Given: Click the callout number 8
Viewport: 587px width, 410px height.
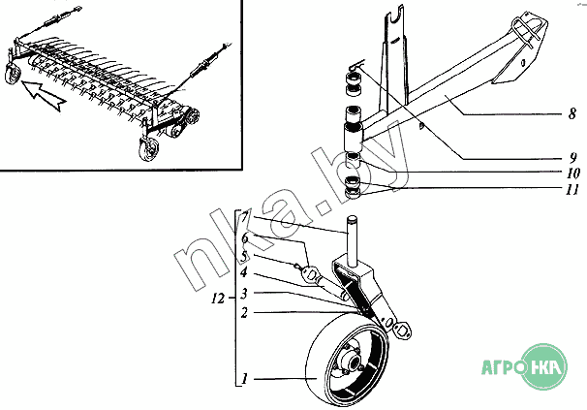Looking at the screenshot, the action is tap(572, 114).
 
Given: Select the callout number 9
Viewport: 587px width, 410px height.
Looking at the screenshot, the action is tap(572, 158).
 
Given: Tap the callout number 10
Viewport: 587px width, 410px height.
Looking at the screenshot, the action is tap(573, 173).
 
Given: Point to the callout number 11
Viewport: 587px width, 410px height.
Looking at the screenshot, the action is tap(572, 190).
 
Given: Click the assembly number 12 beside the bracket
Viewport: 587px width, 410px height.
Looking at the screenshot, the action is tap(218, 299).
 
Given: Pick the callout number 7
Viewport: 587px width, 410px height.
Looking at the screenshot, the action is tap(244, 217).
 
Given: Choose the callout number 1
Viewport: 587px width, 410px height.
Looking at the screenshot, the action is tap(245, 379).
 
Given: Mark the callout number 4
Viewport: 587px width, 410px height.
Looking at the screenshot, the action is tap(244, 272).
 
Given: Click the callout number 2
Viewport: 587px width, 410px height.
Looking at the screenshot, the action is tap(244, 312).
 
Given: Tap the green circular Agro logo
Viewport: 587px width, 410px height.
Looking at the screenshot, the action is tap(544, 366).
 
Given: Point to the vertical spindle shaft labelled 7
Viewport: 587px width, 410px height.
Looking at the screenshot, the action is tap(352, 241).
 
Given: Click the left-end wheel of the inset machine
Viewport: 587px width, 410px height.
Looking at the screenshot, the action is tap(13, 75).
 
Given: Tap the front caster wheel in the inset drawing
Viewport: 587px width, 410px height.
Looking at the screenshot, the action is tap(148, 149).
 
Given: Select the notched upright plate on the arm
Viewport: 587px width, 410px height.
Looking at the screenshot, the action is tap(394, 61).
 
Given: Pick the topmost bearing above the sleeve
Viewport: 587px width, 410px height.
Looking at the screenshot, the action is tap(354, 79).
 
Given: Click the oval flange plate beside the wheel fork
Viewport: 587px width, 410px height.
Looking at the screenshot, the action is tap(401, 331).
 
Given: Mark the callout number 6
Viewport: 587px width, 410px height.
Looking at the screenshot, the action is tap(244, 237).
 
